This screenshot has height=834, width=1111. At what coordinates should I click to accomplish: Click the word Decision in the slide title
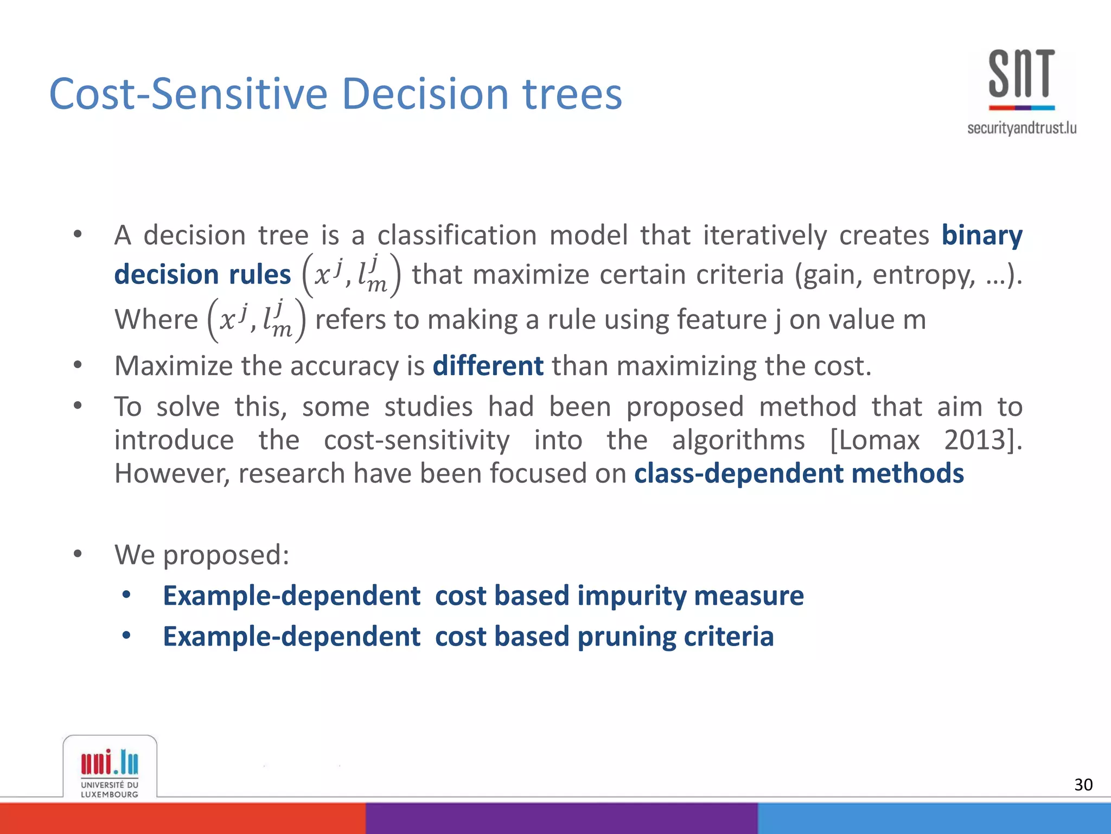(425, 94)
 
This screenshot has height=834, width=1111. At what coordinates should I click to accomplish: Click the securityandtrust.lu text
(1021, 128)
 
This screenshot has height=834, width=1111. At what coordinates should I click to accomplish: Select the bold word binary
(981, 235)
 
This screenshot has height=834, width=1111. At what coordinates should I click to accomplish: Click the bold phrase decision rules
(202, 274)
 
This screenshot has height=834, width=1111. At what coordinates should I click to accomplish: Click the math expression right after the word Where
(257, 320)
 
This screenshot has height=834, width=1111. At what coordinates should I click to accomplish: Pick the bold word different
(488, 365)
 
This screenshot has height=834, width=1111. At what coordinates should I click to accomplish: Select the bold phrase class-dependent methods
(799, 473)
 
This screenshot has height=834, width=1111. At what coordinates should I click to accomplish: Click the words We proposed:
(202, 555)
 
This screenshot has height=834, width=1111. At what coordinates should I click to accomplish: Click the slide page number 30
(1083, 785)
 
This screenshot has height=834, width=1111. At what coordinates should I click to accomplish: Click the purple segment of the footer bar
(561, 818)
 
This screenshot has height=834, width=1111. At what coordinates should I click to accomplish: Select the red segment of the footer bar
(182, 818)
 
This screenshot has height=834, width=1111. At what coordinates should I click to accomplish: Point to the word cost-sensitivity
(416, 440)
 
